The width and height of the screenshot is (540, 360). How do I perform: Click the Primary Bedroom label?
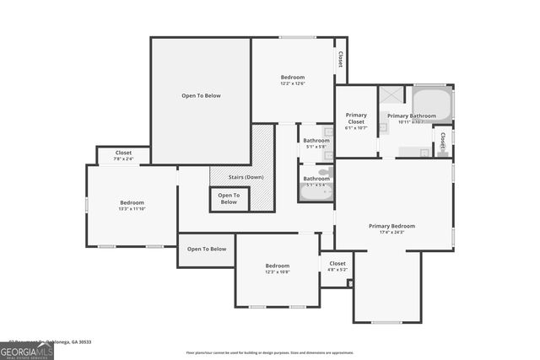[x=392, y=225]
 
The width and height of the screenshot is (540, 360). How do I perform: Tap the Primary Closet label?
[x=356, y=118]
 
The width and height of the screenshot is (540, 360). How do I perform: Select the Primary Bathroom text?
[x=411, y=116]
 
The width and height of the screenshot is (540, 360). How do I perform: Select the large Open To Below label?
[x=201, y=95]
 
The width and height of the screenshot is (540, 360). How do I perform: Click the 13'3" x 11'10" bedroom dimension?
[x=132, y=209]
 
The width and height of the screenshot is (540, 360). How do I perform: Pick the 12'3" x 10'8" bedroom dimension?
[x=278, y=271]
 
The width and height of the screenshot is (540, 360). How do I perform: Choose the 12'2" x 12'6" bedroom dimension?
[x=293, y=83]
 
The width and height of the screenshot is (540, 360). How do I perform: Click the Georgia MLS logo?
[x=27, y=350]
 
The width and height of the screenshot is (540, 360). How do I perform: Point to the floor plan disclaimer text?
[x=270, y=352]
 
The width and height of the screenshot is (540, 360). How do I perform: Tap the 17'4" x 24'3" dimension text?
[x=392, y=232]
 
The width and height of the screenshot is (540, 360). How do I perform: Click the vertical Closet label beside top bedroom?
[x=340, y=60]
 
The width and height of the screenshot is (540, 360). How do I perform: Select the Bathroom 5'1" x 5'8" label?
[x=316, y=143]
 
